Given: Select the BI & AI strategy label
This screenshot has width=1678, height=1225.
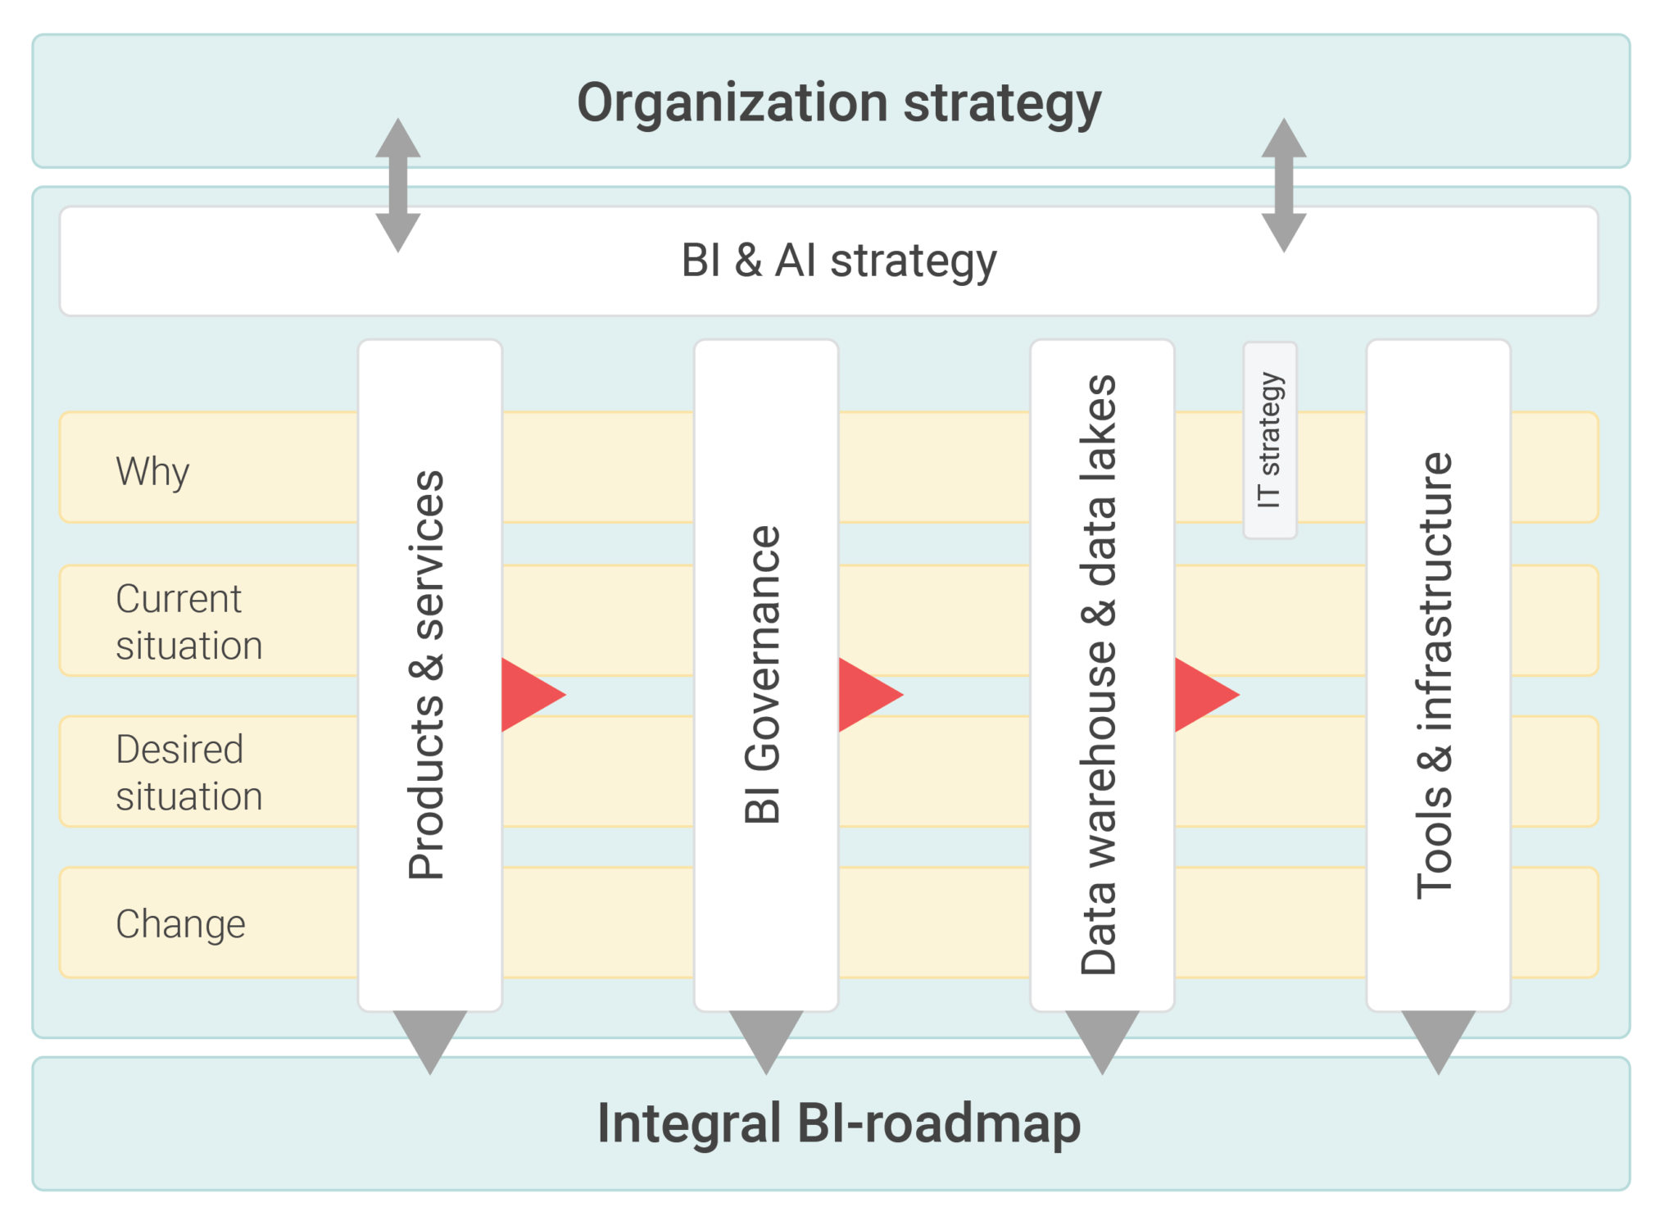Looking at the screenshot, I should point(838,261).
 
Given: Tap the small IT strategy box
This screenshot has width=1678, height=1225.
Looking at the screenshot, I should point(1269,440).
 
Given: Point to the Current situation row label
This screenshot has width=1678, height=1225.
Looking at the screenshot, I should point(188,621).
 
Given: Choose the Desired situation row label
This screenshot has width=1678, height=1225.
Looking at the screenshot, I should point(188,772).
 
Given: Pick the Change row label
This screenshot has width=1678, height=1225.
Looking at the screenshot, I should point(180,923).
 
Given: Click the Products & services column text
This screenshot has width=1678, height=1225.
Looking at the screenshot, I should point(428,674).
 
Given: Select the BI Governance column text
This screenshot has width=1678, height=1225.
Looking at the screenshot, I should point(764,674).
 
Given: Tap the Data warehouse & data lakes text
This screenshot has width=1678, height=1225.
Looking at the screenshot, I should point(1100,674).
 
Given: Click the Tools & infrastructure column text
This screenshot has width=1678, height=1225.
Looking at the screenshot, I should point(1435,674).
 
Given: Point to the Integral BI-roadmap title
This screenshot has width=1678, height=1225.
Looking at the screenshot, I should point(838,1123).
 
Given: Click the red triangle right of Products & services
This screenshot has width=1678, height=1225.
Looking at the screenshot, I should point(528,694).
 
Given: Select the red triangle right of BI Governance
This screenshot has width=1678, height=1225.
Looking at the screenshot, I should point(865,694).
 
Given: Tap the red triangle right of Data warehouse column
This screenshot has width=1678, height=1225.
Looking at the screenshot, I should point(1201,694).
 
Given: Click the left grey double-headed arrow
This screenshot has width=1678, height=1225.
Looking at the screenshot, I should point(398,185).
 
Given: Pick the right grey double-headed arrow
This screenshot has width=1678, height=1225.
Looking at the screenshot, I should point(1284,185).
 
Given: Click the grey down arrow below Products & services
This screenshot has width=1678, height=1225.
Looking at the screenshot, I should point(430,1037).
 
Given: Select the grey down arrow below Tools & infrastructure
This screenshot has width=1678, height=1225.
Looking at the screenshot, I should point(1438,1037).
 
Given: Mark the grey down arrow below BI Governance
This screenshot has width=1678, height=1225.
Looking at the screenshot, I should point(766,1037).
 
